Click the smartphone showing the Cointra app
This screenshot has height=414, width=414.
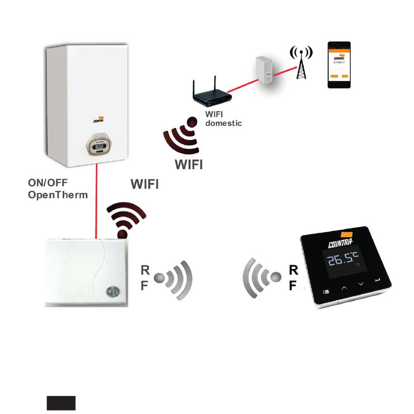[339, 65]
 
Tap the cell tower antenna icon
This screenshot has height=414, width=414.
[301, 62]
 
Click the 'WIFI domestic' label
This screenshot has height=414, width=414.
[223, 119]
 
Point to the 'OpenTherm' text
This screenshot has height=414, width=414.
[58, 195]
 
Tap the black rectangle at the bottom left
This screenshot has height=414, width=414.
[61, 403]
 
